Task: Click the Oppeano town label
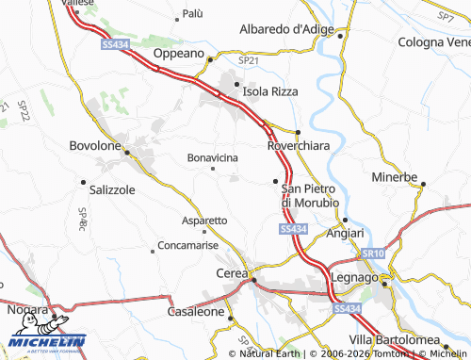(179, 54)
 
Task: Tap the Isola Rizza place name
(270, 91)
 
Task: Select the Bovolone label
(96, 146)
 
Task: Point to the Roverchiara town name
(299, 146)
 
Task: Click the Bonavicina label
(213, 156)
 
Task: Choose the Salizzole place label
(112, 188)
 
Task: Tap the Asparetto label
(203, 220)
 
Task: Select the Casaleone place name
(196, 311)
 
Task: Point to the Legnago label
(354, 279)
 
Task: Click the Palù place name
(192, 14)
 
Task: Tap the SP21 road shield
(248, 59)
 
